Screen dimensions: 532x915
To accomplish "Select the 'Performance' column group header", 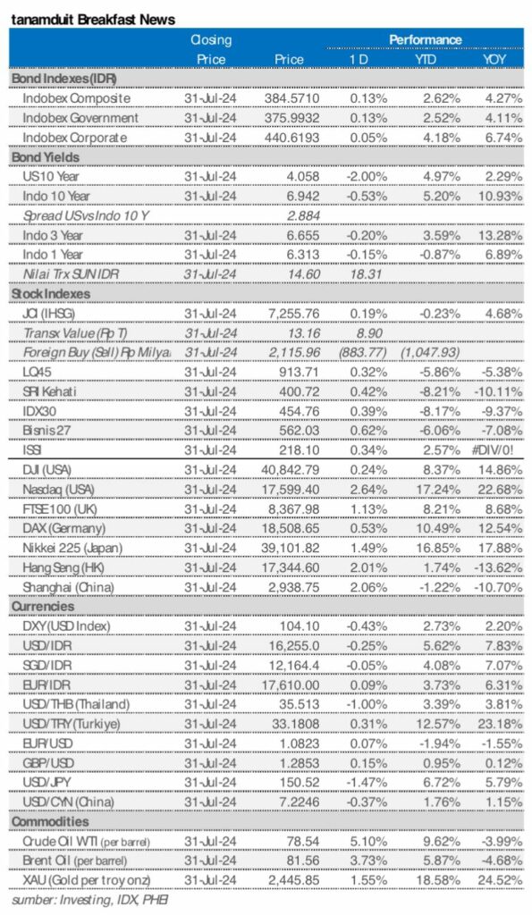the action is coord(425,40).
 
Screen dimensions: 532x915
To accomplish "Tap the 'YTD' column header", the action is coord(425,60).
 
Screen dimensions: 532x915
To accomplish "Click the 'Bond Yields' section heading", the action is coord(45,157).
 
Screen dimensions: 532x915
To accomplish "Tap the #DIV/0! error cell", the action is coord(501,450).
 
